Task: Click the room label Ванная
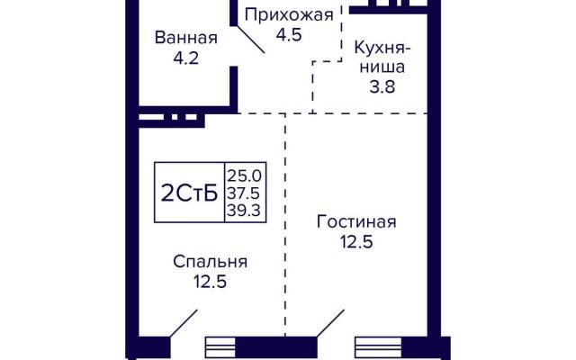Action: [x=186, y=38]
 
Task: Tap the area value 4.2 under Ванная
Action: [x=186, y=58]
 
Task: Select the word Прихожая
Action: [x=289, y=16]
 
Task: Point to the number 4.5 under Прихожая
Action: [x=289, y=35]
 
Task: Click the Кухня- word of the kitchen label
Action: [x=382, y=49]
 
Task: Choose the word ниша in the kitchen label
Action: [x=382, y=67]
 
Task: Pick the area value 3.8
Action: [x=382, y=87]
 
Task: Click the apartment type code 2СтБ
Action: [x=189, y=193]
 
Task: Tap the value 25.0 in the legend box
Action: [x=244, y=176]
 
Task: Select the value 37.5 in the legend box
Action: [x=244, y=193]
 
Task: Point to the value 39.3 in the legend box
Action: [x=244, y=211]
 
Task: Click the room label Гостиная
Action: [x=356, y=222]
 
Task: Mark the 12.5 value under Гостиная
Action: [x=356, y=242]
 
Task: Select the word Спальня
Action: [x=210, y=262]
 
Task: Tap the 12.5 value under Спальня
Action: [x=210, y=282]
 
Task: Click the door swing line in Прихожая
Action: [x=250, y=40]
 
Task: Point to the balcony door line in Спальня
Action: [x=184, y=323]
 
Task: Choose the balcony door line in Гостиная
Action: [x=330, y=323]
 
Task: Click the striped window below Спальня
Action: [x=220, y=347]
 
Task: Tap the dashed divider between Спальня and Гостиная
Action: [x=285, y=225]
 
